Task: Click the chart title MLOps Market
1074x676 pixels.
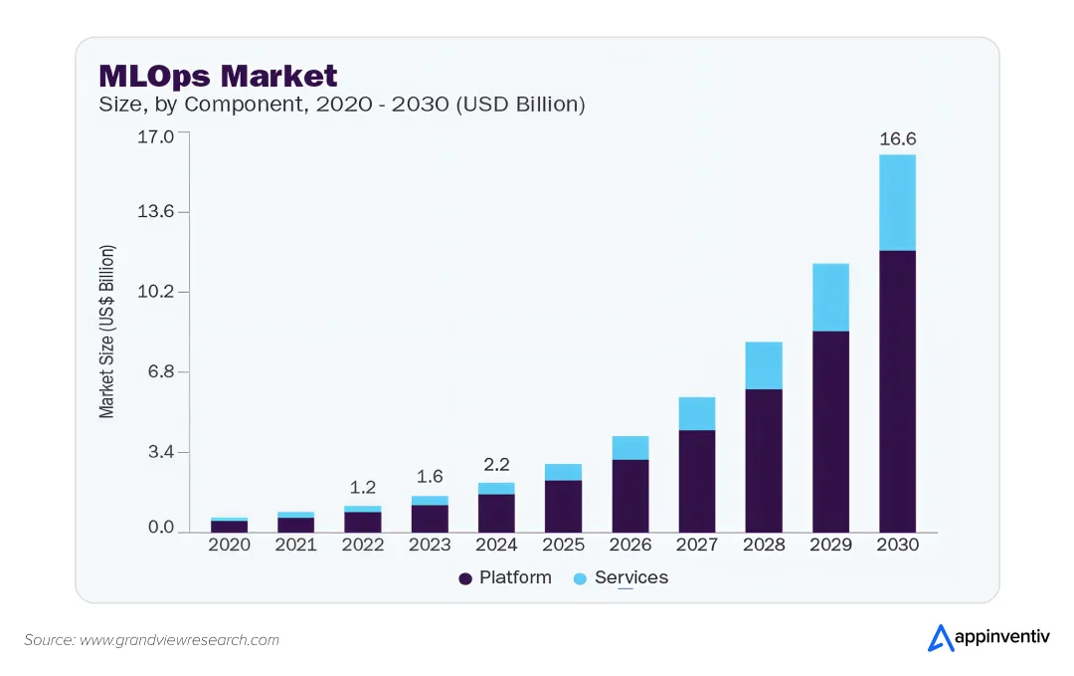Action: pyautogui.click(x=218, y=76)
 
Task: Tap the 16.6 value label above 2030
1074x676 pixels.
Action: pyautogui.click(x=897, y=139)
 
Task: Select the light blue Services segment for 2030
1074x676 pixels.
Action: pyautogui.click(x=897, y=202)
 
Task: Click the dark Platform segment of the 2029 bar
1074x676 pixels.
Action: pyautogui.click(x=830, y=431)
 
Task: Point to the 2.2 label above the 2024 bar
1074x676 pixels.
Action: pyautogui.click(x=496, y=465)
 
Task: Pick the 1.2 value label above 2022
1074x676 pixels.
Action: pyautogui.click(x=363, y=488)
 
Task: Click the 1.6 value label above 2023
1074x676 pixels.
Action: pyautogui.click(x=430, y=477)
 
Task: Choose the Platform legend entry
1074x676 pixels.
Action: pyautogui.click(x=505, y=577)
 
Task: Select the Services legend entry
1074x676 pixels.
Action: pyautogui.click(x=621, y=577)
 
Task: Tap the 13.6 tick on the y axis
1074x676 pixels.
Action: pyautogui.click(x=155, y=211)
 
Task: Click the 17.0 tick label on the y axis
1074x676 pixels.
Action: pyautogui.click(x=155, y=135)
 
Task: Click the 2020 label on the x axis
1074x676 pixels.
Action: pyautogui.click(x=229, y=545)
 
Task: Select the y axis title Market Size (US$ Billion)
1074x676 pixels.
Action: pyautogui.click(x=107, y=331)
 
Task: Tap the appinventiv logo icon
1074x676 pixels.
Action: pyautogui.click(x=941, y=638)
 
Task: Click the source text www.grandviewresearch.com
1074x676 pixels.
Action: pyautogui.click(x=179, y=640)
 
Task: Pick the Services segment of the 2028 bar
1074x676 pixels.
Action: pyautogui.click(x=764, y=365)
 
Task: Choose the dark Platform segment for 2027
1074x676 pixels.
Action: pyautogui.click(x=697, y=481)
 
